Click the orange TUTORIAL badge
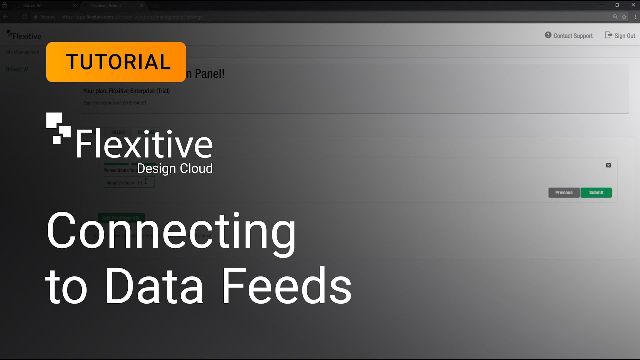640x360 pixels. [x=116, y=62]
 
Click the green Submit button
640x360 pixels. [x=596, y=193]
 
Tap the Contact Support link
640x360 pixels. [x=569, y=36]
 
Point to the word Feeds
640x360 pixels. [x=287, y=286]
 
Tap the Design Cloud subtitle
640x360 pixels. [x=175, y=169]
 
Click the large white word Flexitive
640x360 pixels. [x=144, y=144]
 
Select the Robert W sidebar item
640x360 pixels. [x=17, y=69]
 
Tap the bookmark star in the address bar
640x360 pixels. [x=624, y=17]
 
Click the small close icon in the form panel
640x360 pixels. [x=608, y=165]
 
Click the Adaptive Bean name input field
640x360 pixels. [x=129, y=183]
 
